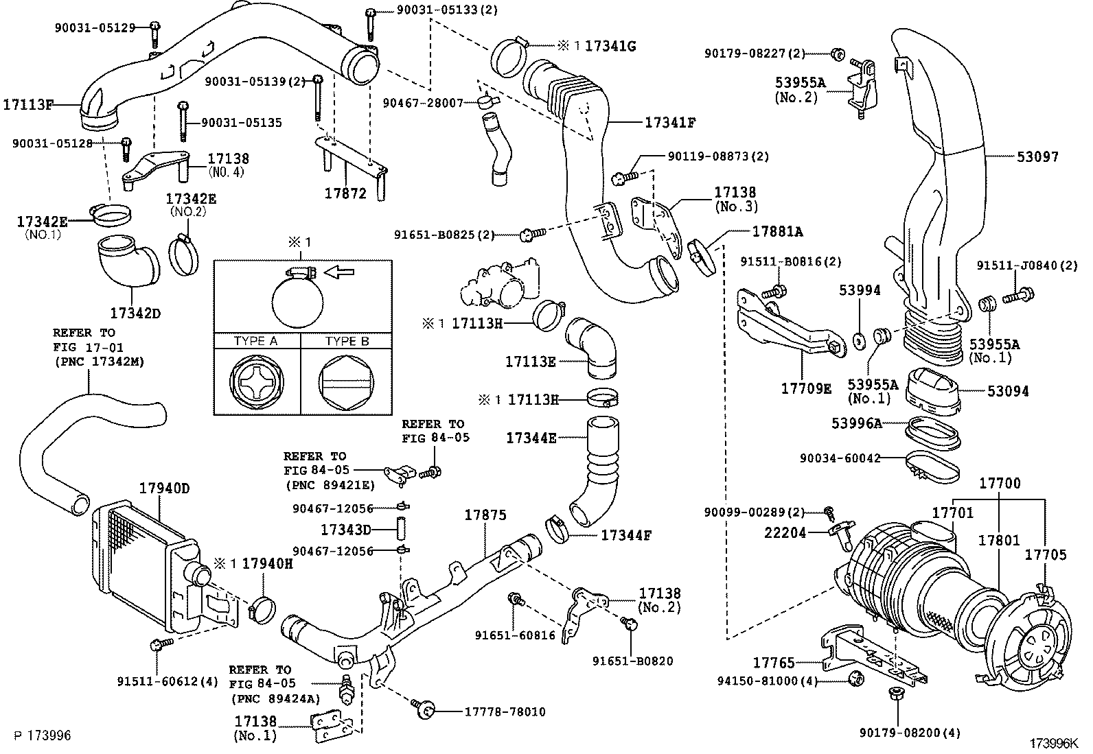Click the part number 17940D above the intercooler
164,489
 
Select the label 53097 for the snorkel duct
1037,157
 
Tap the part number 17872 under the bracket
345,194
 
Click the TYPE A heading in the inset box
255,341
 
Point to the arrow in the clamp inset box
338,272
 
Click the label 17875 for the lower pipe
485,515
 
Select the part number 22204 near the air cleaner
785,532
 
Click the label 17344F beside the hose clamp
625,534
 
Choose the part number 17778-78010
501,712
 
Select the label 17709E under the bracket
806,389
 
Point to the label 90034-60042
840,458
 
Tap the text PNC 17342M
99,362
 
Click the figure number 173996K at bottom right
1052,743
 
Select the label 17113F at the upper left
28,105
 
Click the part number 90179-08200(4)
910,733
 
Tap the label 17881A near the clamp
777,231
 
